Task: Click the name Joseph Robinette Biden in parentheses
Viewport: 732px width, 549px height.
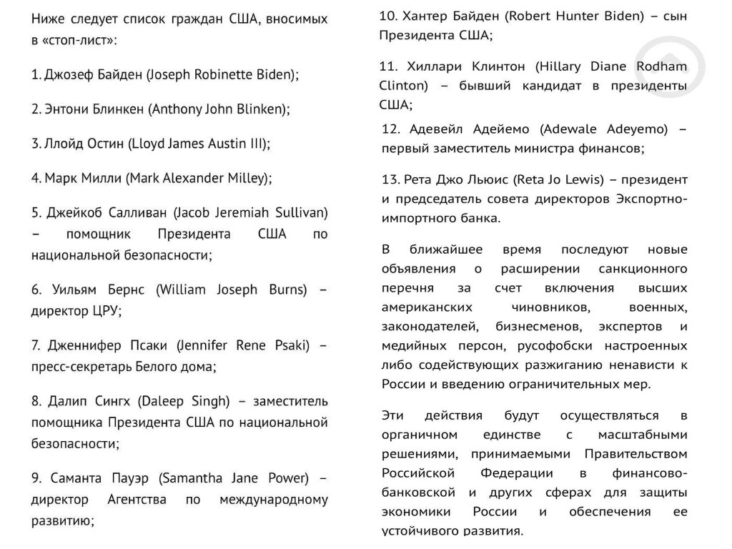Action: tap(222, 74)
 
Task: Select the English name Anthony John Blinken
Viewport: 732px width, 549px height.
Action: tap(218, 109)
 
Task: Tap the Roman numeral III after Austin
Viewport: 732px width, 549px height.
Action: tap(258, 144)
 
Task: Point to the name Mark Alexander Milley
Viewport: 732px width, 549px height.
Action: tap(198, 178)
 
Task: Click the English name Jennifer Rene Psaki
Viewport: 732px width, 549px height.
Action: tap(243, 346)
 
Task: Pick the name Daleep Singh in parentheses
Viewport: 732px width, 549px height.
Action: tap(184, 400)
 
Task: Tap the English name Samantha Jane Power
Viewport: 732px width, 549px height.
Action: tap(233, 478)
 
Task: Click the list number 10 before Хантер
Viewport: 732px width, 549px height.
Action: tap(388, 16)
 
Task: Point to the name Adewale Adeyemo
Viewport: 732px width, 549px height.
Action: tap(604, 129)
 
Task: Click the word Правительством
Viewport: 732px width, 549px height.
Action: tap(636, 454)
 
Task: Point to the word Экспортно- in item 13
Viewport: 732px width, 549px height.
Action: tap(653, 198)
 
